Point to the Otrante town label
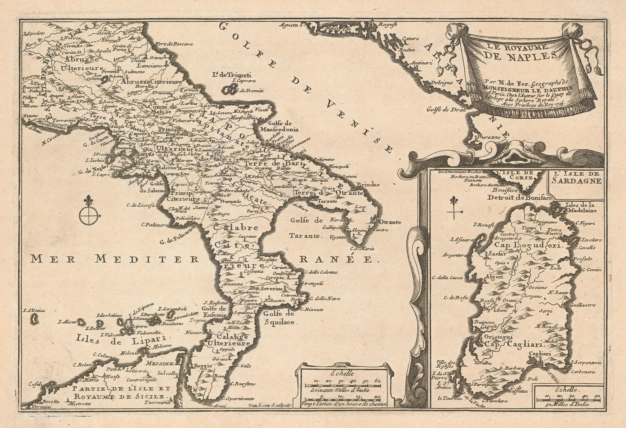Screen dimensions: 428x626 tap(389, 222)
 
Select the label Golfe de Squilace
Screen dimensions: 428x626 tap(278, 318)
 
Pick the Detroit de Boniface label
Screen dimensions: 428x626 tap(520, 198)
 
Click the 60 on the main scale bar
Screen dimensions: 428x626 tap(378, 381)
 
